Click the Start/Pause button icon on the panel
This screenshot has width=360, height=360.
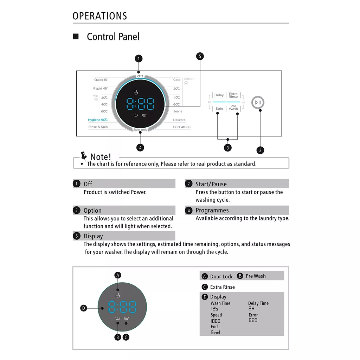258,102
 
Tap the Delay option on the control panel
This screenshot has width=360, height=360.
219,95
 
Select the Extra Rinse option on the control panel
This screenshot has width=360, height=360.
233,95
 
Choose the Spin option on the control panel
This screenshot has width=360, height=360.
219,109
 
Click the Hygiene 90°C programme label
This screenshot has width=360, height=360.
98,120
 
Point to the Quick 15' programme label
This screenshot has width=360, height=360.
101,80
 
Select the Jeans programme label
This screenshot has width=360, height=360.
178,111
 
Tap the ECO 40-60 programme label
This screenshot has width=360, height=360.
182,127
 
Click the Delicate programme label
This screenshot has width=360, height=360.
179,120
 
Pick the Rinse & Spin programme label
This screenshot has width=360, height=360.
98,127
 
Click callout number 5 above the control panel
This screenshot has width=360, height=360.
200,56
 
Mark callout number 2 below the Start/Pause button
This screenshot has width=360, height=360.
260,150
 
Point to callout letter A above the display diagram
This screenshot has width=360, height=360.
118,275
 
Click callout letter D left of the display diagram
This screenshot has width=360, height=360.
84,308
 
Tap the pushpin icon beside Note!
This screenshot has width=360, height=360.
84,155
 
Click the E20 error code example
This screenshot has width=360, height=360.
253,320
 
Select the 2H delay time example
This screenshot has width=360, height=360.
251,309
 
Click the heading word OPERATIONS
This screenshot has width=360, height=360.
100,16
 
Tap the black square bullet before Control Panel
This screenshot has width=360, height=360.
76,37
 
